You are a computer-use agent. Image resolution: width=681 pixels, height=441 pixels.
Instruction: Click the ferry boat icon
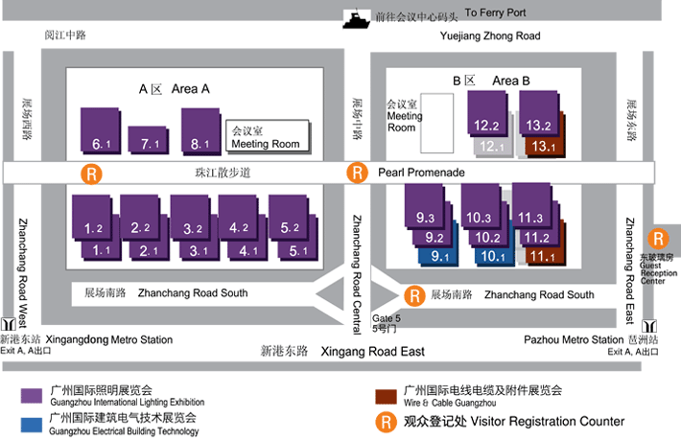(358, 17)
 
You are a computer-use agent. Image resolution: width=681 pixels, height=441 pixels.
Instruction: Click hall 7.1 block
(148, 139)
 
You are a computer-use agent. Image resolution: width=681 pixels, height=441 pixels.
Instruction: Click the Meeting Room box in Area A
(268, 136)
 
